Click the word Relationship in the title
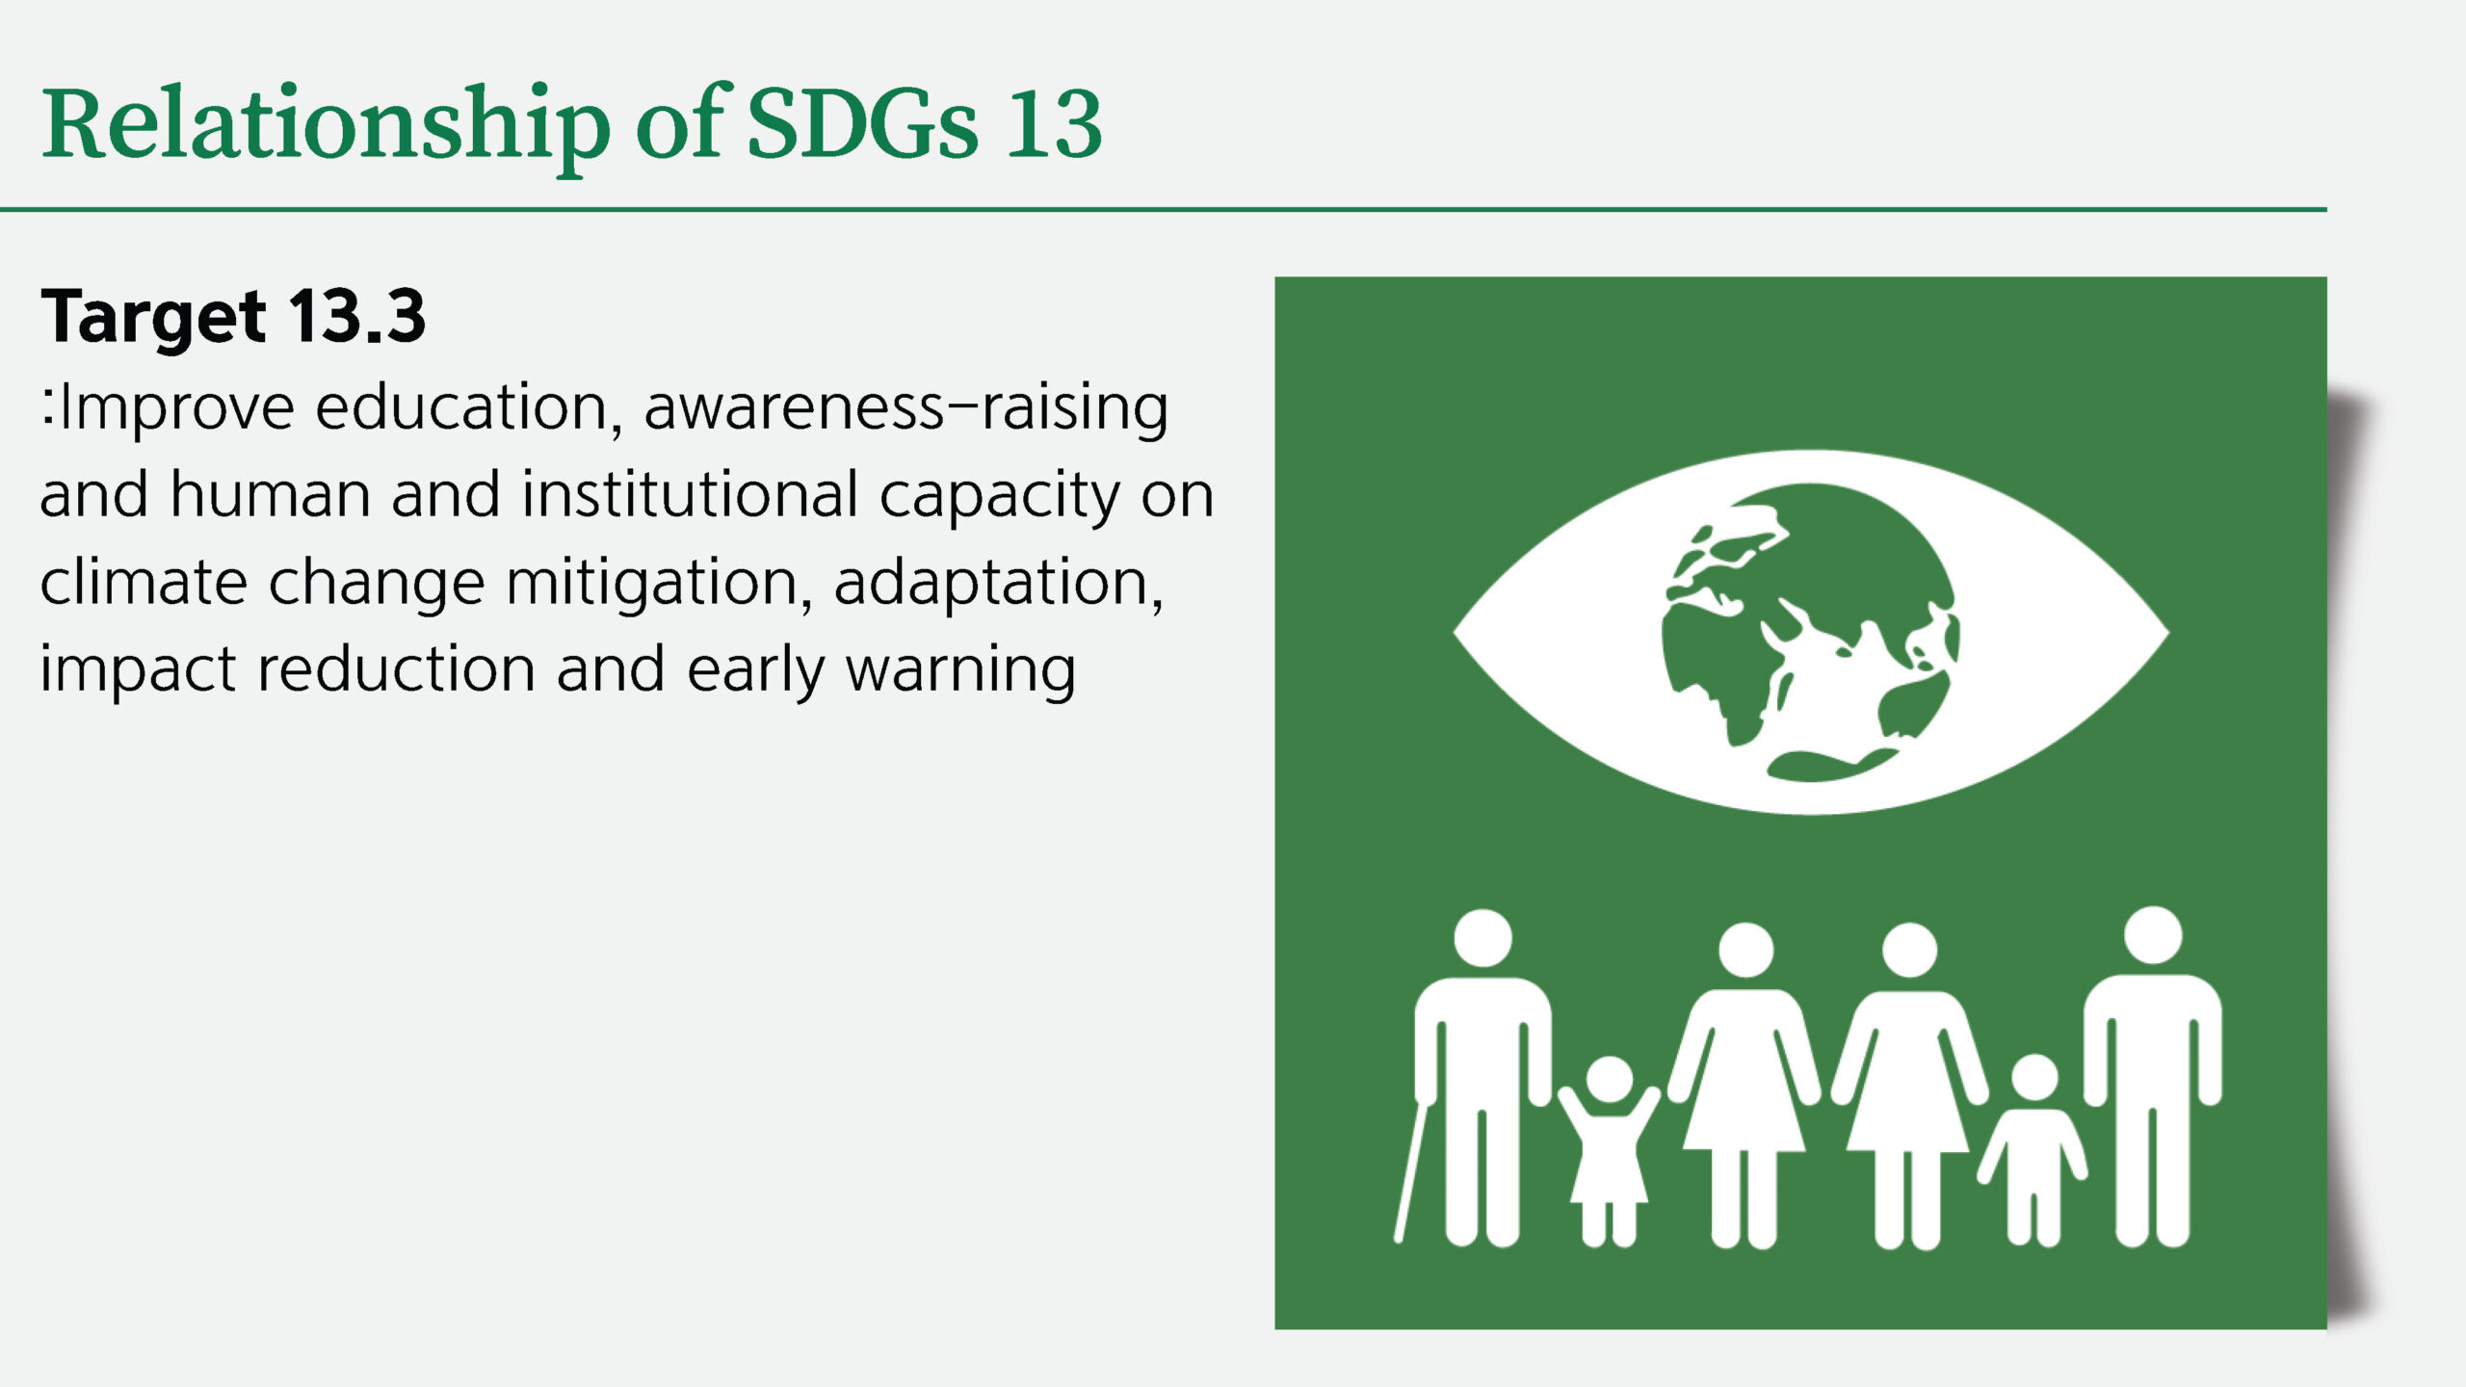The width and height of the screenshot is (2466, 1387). pos(326,125)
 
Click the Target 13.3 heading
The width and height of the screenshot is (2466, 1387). pos(233,317)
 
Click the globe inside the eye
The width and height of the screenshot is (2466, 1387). pos(1811,632)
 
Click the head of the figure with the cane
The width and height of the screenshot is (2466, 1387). pos(1482,938)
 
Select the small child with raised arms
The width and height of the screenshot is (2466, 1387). pos(1609,1151)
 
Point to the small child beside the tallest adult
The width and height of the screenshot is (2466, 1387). pos(2033,1151)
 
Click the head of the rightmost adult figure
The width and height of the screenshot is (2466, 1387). pos(2153,935)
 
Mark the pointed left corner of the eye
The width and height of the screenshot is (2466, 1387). pos(1454,633)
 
